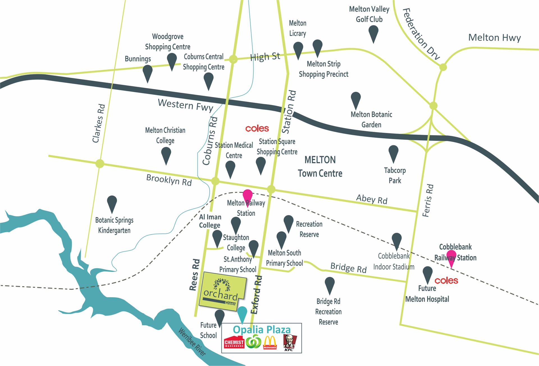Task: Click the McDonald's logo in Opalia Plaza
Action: click(x=270, y=342)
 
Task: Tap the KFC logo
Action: click(x=289, y=342)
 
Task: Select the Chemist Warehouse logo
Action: click(x=234, y=342)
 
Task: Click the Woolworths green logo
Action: click(x=253, y=342)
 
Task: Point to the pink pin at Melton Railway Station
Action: click(x=247, y=196)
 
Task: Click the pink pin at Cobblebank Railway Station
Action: click(x=451, y=256)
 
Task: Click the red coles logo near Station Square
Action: click(x=257, y=128)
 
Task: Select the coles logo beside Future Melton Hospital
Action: click(x=446, y=280)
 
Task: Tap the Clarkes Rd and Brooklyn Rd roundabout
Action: click(x=100, y=163)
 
